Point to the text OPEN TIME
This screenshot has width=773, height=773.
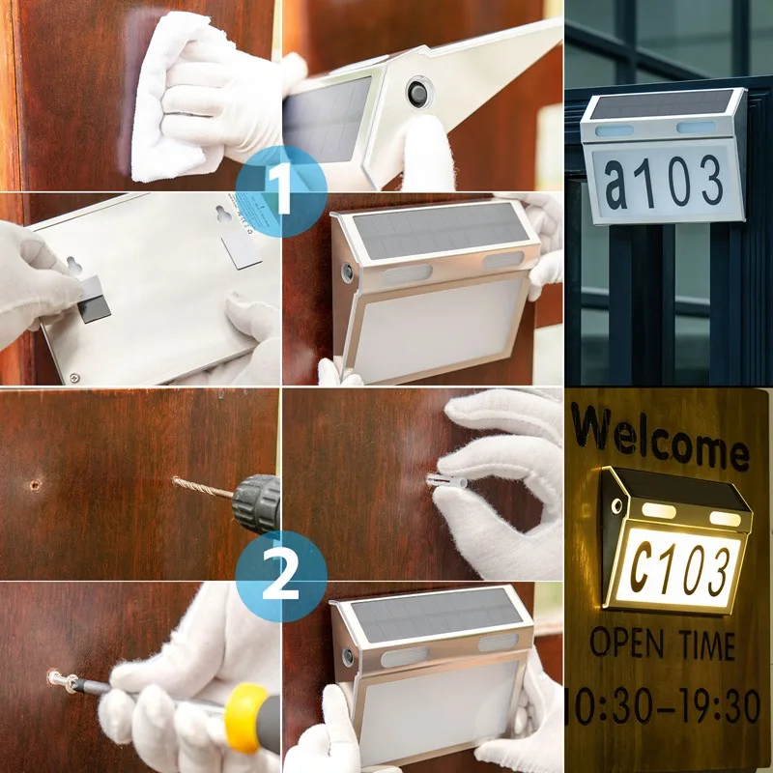(x=662, y=644)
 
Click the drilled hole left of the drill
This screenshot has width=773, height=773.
(x=36, y=484)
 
